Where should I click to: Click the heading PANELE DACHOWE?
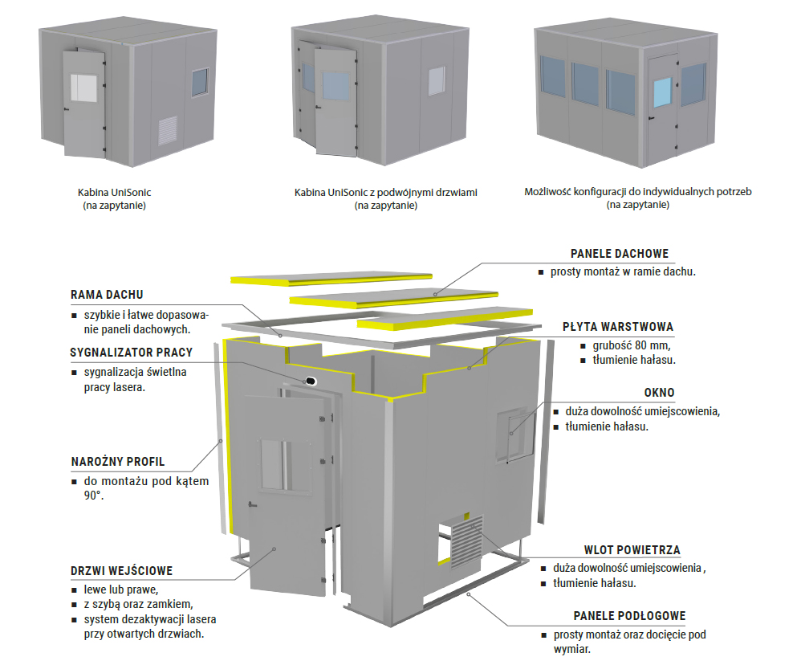(619, 254)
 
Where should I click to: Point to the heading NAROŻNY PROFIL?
(117, 462)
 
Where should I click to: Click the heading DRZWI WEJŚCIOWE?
(121, 572)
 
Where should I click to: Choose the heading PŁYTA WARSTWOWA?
(617, 327)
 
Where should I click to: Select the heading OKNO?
(659, 393)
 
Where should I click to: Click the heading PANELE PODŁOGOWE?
(629, 616)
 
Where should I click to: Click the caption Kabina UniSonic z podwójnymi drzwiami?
(385, 193)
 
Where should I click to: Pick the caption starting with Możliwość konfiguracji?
(638, 193)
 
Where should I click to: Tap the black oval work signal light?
(309, 379)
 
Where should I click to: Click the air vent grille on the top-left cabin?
(169, 128)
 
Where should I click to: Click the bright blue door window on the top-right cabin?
(661, 93)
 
